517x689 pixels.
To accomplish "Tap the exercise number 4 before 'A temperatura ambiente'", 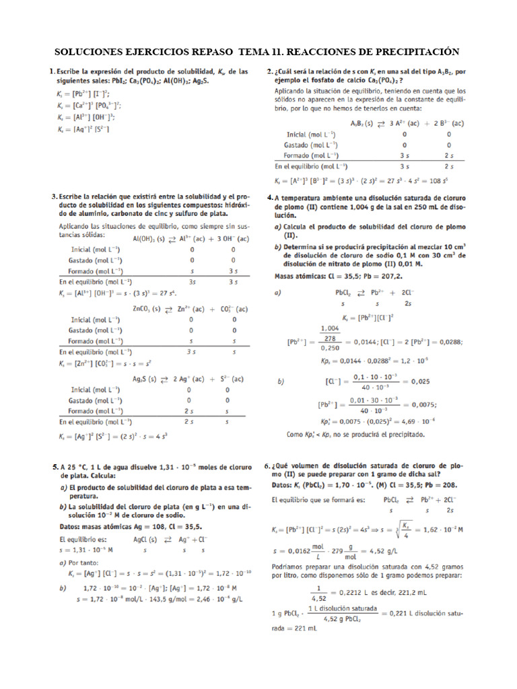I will point(269,198).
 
